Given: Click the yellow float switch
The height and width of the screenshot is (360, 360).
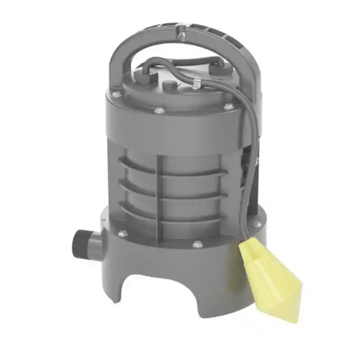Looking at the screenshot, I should (x=270, y=279).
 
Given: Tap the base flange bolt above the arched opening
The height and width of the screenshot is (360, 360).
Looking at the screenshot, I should (x=196, y=244).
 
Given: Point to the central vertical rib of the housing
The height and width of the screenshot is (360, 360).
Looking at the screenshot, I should (x=158, y=193).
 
